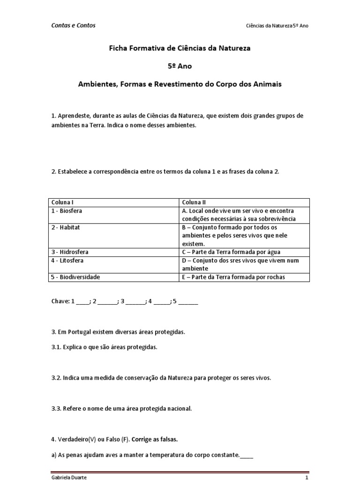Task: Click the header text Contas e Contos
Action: [x=73, y=25]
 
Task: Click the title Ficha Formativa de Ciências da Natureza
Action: [x=180, y=48]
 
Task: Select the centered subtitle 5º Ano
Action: [x=180, y=66]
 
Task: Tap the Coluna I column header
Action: [x=62, y=202]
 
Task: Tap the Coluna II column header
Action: [x=194, y=202]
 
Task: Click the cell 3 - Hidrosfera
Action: [x=69, y=252]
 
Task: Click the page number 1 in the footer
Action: [x=307, y=477]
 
